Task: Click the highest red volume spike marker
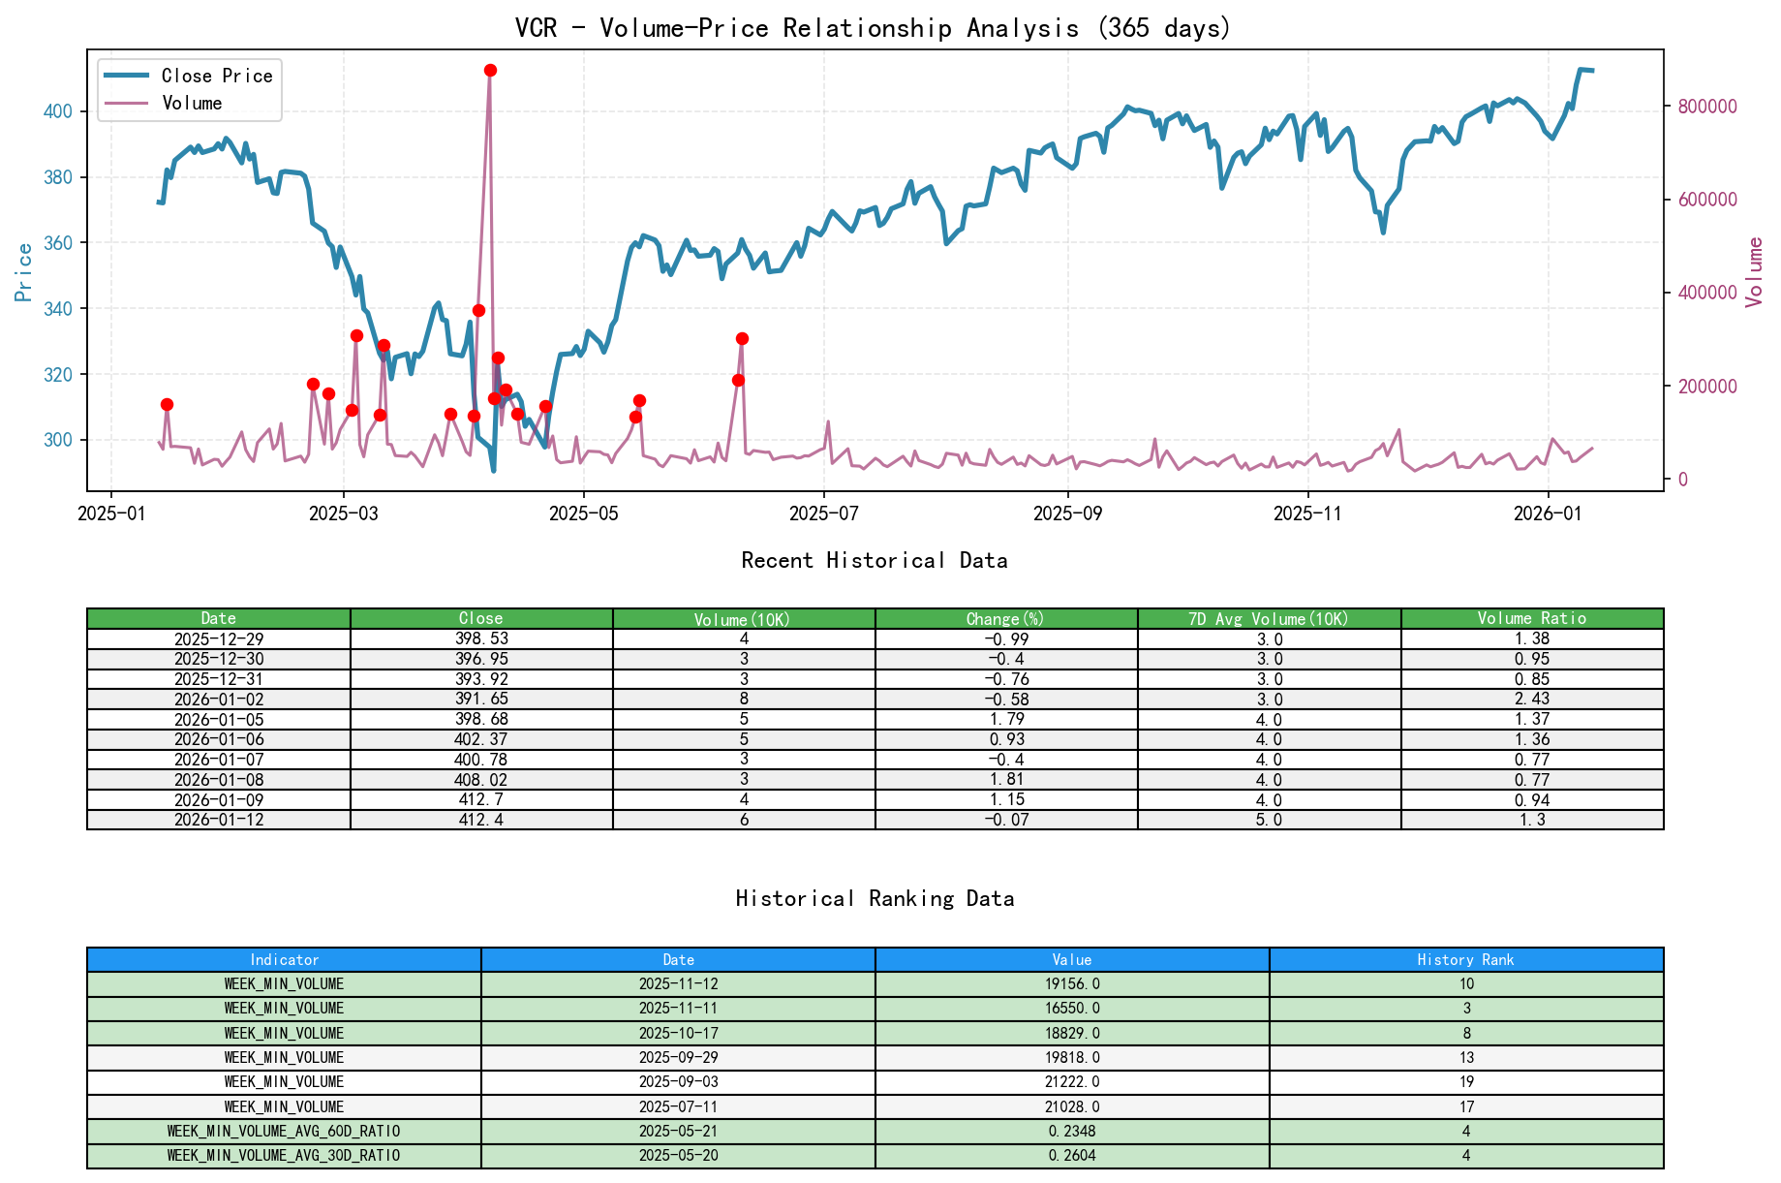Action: coord(490,71)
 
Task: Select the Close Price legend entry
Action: coord(216,76)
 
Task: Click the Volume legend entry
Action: coord(192,103)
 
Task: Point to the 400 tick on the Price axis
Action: coord(58,111)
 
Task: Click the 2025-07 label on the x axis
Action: coord(823,514)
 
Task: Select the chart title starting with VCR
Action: coord(873,27)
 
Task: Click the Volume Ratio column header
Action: coord(1531,618)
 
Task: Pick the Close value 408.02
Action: coord(481,780)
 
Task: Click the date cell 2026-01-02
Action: coord(219,700)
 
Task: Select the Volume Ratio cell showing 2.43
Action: coord(1531,700)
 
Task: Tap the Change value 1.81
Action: coord(1006,780)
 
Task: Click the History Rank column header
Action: coord(1465,960)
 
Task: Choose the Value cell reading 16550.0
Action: coord(1072,1009)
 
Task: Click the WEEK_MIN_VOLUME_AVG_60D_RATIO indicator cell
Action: coord(284,1132)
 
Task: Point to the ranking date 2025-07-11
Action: coord(678,1106)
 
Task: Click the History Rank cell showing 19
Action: coord(1465,1082)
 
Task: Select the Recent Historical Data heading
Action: coord(874,560)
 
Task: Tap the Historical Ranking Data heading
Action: coord(874,898)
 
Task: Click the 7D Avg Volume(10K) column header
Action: coord(1269,618)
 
